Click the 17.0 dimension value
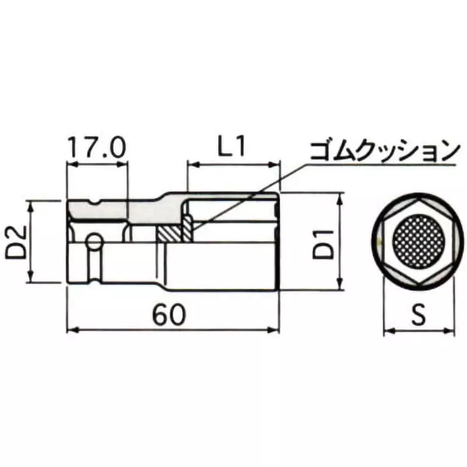(x=97, y=148)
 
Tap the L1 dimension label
(x=233, y=148)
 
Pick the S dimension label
(x=418, y=315)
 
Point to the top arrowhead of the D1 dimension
(x=340, y=197)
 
